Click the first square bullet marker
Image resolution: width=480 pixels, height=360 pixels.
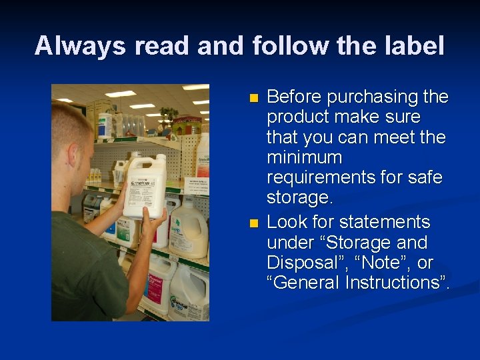253,98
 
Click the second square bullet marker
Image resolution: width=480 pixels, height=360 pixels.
253,223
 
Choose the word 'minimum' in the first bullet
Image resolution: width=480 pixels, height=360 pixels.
304,159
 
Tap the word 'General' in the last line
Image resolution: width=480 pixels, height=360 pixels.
306,282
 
